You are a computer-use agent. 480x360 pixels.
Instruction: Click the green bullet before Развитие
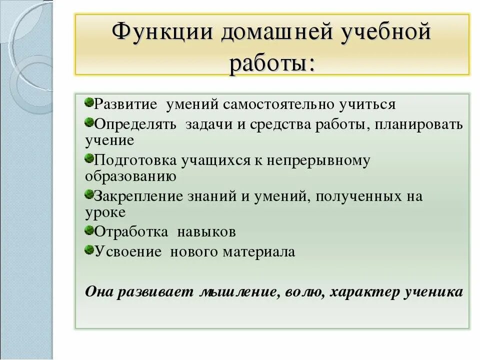pos(89,102)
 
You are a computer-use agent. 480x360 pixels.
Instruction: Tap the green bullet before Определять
pos(89,121)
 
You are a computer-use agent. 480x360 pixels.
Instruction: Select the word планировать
pos(420,123)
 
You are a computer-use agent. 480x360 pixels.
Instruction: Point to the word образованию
pos(130,176)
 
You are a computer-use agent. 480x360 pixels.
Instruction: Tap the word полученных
pos(358,196)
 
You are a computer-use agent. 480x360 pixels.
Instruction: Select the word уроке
pos(105,212)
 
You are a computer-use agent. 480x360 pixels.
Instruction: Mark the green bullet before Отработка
pos(89,230)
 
